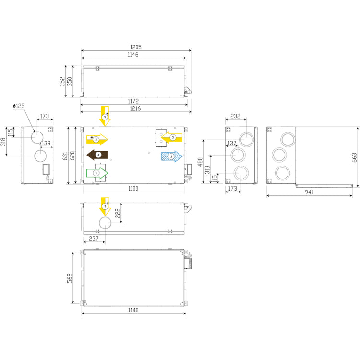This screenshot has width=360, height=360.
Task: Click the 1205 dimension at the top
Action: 136,48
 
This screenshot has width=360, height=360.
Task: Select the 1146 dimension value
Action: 133,55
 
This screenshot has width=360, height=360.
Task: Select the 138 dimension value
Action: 46,143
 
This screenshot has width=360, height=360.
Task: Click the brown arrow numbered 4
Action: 96,155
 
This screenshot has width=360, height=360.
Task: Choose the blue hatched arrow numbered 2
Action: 171,156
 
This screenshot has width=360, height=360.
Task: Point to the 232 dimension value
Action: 235,116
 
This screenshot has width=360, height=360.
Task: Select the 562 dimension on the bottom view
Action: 69,278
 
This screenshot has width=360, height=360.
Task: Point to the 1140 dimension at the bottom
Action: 133,311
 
